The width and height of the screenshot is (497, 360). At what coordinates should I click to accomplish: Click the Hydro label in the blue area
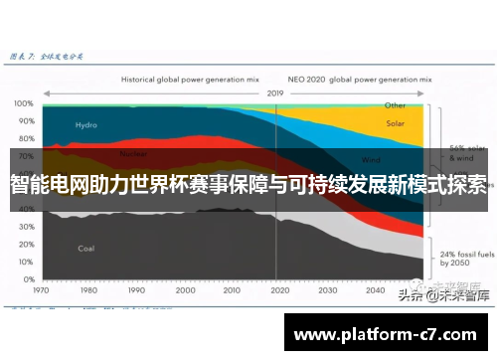[x=86, y=125]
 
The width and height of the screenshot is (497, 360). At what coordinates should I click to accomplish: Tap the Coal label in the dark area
[x=86, y=248]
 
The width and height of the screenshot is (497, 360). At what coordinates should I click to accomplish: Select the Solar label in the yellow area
[x=395, y=124]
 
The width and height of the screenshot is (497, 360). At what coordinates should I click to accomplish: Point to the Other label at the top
[x=395, y=104]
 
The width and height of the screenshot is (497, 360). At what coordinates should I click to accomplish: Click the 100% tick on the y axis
[x=22, y=103]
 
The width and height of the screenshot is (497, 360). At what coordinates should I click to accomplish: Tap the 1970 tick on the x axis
[x=42, y=291]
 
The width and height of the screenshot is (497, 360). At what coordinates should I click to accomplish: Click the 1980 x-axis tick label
[x=87, y=291]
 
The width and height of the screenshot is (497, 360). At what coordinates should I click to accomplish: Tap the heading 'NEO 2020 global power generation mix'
[x=355, y=77]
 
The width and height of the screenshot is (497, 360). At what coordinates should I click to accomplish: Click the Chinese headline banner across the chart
[x=248, y=184]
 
